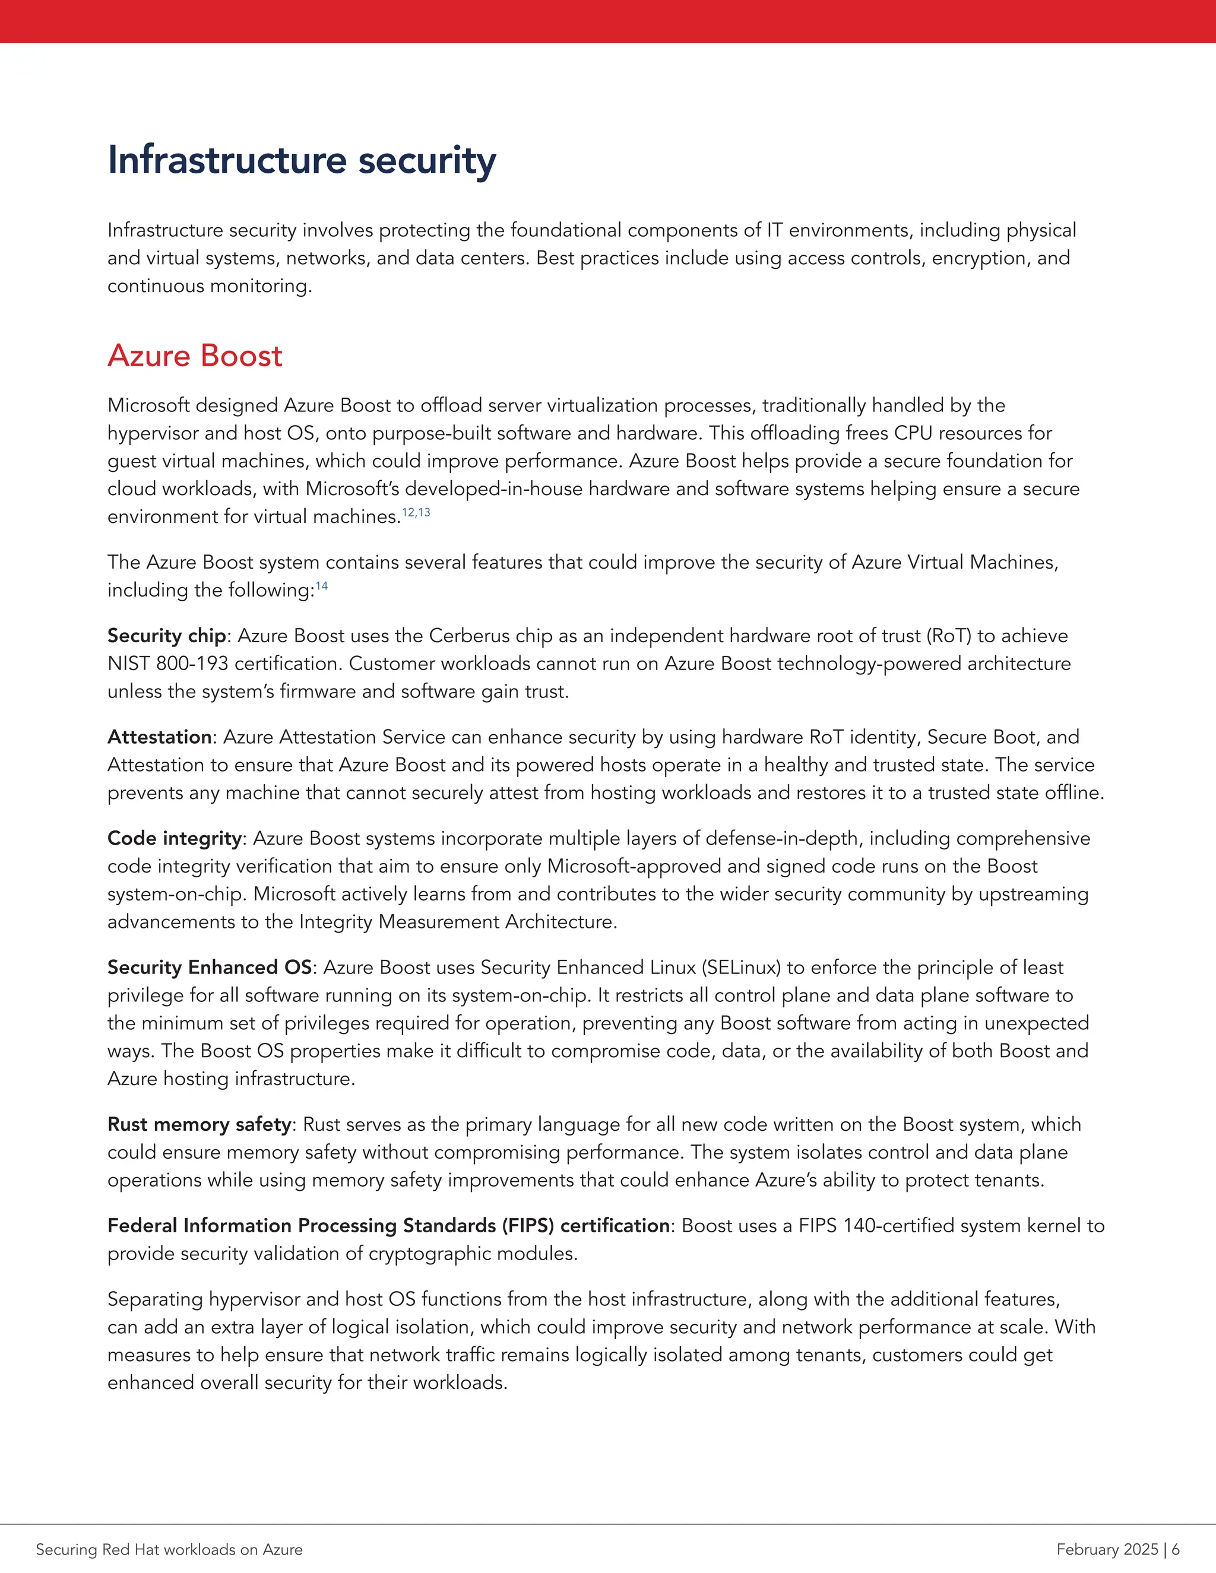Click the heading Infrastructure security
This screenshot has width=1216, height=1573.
301,160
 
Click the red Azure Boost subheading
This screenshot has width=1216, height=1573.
195,356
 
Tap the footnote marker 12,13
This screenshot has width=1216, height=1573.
416,512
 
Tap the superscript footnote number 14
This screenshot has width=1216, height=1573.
321,585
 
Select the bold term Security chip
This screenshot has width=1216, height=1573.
167,635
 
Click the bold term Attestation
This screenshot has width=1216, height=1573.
159,737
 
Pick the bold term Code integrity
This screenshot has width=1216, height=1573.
175,838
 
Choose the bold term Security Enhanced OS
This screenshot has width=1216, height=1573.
210,968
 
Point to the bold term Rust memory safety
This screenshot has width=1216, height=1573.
199,1124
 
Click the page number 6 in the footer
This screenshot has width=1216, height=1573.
1176,1549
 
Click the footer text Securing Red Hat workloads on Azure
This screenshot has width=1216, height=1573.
169,1549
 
